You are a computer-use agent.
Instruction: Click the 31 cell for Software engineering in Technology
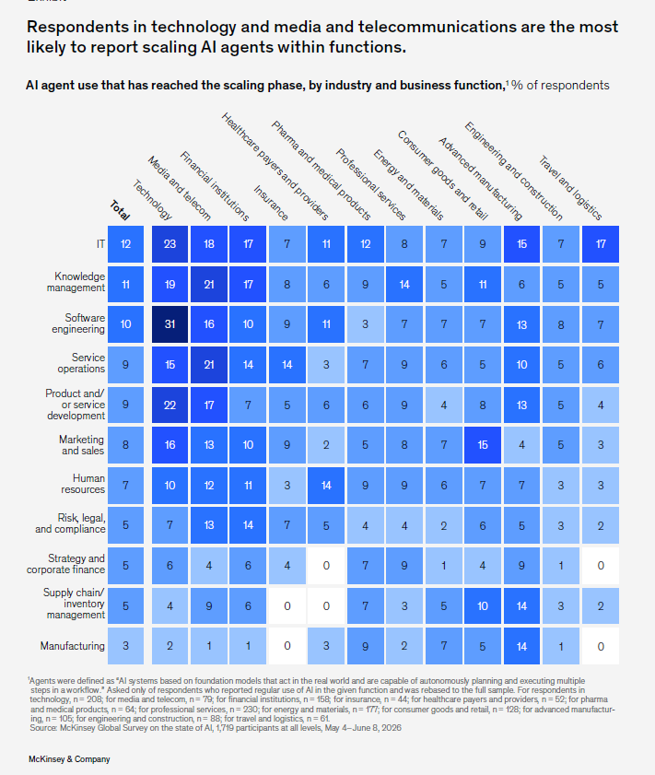(170, 324)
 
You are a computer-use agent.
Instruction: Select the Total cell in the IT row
(125, 244)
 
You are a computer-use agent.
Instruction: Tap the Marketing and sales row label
(81, 445)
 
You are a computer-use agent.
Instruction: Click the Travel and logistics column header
(570, 188)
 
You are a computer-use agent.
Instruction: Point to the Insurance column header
(271, 203)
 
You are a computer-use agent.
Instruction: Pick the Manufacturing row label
(73, 646)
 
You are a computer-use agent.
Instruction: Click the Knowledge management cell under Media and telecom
(209, 284)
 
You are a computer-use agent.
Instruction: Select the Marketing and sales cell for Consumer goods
(483, 445)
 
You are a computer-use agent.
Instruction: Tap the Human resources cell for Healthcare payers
(326, 486)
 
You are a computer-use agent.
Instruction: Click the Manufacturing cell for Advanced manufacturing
(521, 646)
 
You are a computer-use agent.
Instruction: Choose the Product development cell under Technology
(170, 405)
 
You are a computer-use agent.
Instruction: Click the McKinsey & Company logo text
(69, 759)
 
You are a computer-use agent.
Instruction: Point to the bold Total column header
(120, 210)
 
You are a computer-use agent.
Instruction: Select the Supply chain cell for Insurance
(287, 606)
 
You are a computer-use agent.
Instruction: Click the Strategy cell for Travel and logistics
(601, 566)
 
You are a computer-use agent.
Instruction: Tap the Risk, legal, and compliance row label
(70, 523)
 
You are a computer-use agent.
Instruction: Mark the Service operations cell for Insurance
(287, 365)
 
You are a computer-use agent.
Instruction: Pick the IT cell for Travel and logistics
(601, 244)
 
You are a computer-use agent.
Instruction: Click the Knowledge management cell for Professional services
(404, 284)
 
